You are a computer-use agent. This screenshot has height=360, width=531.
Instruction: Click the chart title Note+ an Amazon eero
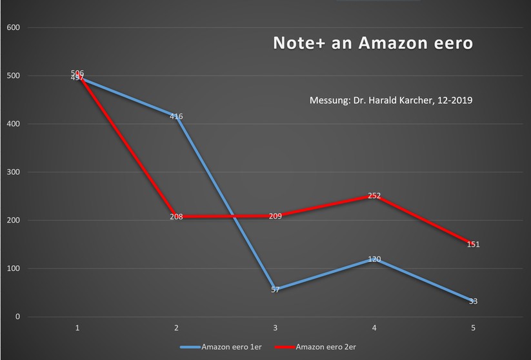[373, 44]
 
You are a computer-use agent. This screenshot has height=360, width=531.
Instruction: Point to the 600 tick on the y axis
[13, 28]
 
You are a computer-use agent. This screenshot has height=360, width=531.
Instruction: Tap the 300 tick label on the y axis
[13, 172]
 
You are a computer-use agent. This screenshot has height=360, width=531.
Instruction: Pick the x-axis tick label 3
[276, 328]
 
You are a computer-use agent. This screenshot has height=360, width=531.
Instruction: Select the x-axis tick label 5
[474, 328]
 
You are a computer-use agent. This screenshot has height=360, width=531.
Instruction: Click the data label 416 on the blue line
[176, 117]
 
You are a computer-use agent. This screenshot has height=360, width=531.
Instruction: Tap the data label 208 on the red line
[176, 217]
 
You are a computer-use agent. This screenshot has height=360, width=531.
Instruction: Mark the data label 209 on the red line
[275, 217]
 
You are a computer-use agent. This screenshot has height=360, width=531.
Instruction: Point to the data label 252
[374, 195]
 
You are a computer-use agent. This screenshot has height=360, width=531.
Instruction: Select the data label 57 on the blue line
[276, 290]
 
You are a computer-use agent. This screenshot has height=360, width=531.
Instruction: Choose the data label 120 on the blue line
[374, 259]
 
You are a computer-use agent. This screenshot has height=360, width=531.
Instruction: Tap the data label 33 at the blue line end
[473, 301]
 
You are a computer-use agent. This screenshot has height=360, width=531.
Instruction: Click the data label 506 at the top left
[77, 73]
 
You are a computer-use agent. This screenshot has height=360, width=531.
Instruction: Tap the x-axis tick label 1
[77, 328]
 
